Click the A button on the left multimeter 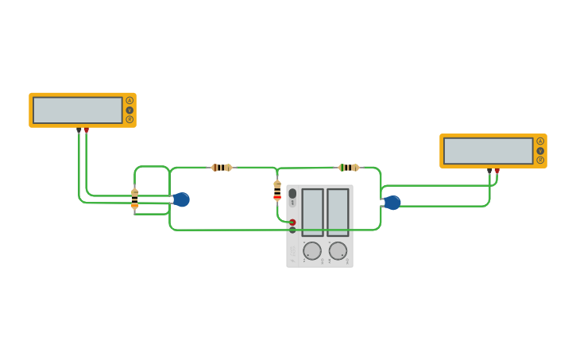pyautogui.click(x=130, y=100)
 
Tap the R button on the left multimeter pyautogui.click(x=130, y=119)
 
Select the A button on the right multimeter pyautogui.click(x=540, y=141)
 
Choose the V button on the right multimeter pyautogui.click(x=540, y=150)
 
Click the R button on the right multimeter pyautogui.click(x=540, y=160)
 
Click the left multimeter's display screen pyautogui.click(x=78, y=110)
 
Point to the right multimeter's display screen pyautogui.click(x=488, y=150)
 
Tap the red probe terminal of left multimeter pyautogui.click(x=87, y=130)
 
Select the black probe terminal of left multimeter pyautogui.click(x=79, y=130)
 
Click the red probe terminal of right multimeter pyautogui.click(x=497, y=170)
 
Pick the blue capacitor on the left pyautogui.click(x=181, y=199)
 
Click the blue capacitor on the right pyautogui.click(x=392, y=203)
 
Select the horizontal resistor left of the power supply pyautogui.click(x=222, y=168)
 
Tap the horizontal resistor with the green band pyautogui.click(x=349, y=168)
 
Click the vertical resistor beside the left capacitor pyautogui.click(x=134, y=199)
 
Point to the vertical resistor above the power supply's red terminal pyautogui.click(x=277, y=191)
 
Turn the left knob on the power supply pyautogui.click(x=312, y=251)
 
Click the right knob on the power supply pyautogui.click(x=338, y=251)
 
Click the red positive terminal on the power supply pyautogui.click(x=292, y=223)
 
